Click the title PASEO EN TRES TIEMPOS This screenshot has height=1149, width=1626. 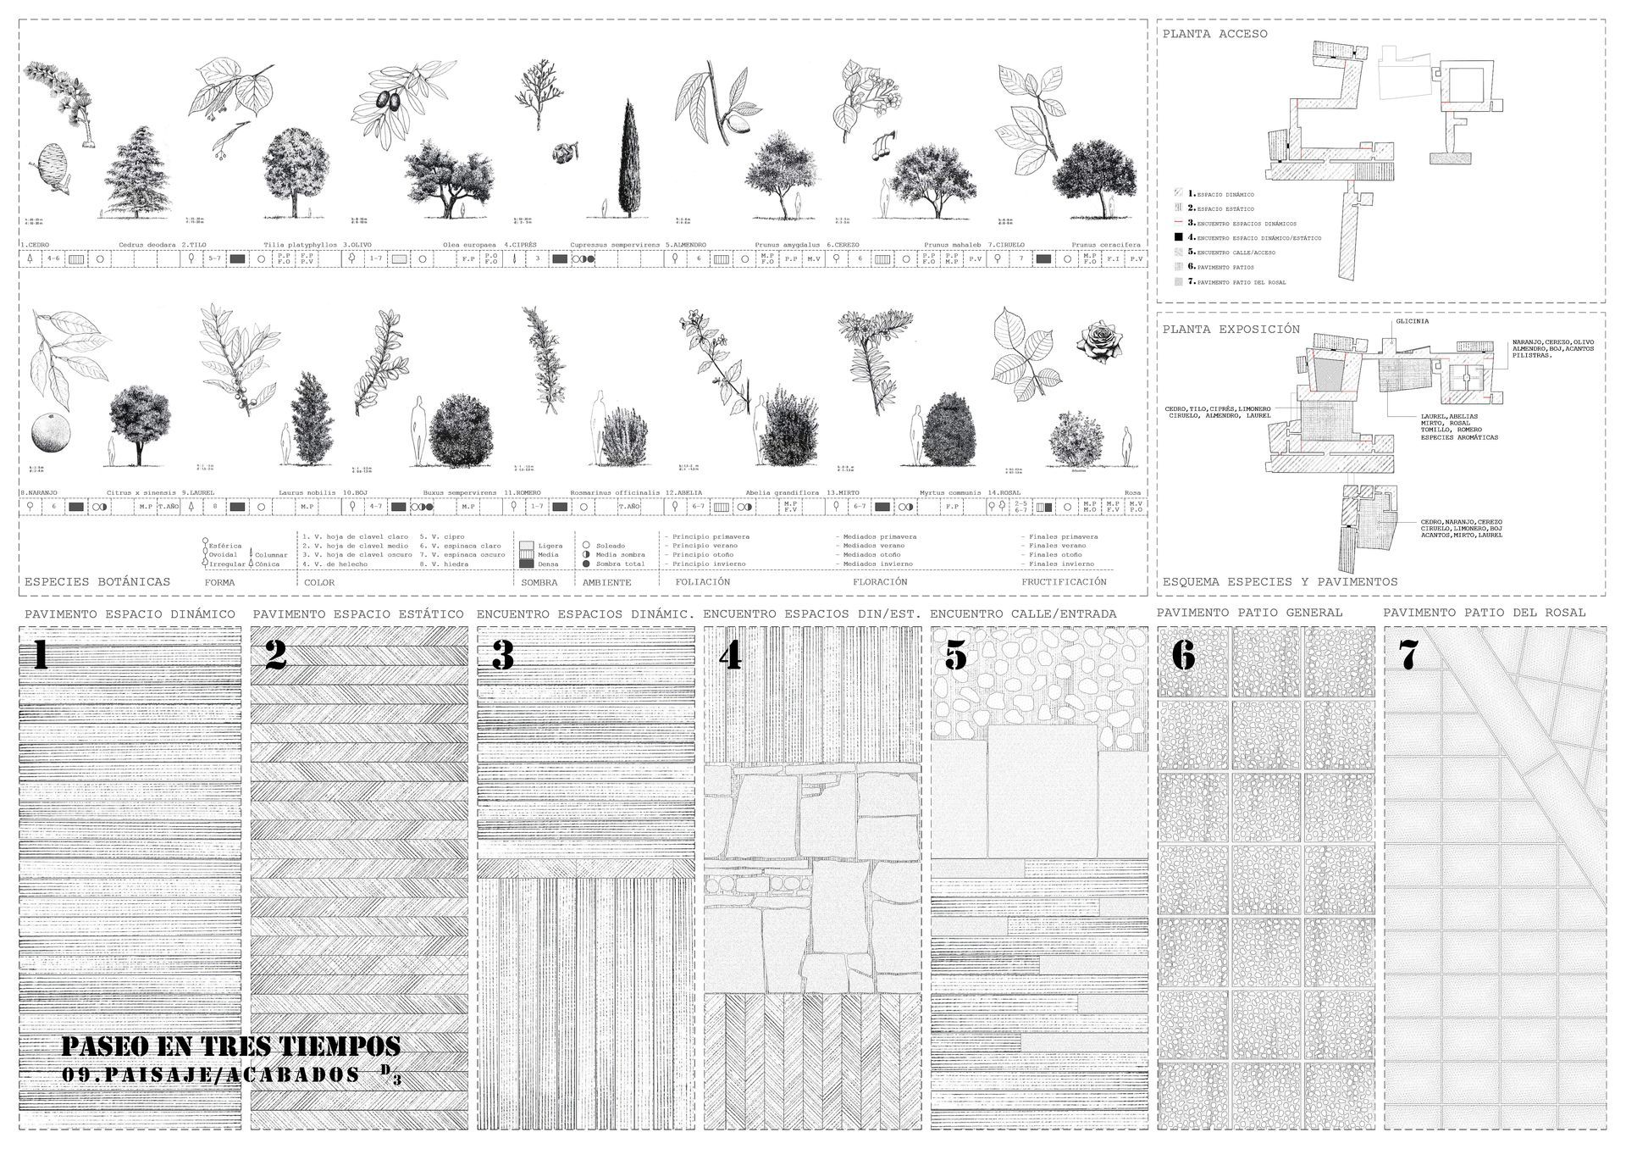(x=230, y=1046)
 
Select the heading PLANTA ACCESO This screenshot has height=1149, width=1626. (x=1214, y=34)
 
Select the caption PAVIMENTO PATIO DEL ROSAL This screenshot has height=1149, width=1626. (x=1485, y=613)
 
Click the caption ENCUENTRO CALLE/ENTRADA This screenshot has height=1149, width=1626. (x=1023, y=613)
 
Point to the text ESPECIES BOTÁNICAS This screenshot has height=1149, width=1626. (x=97, y=582)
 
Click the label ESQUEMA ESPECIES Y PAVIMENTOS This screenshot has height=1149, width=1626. (x=1280, y=582)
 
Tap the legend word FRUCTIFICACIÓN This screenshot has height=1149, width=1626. (x=1063, y=582)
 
